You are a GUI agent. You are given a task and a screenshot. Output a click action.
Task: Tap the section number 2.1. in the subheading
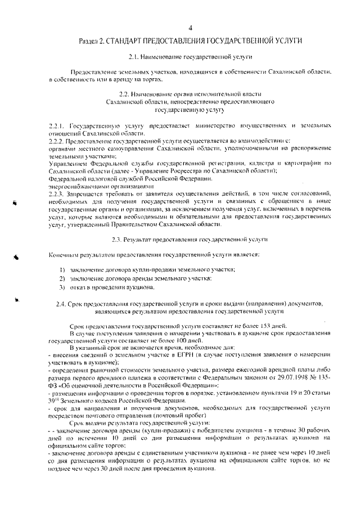(x=135, y=57)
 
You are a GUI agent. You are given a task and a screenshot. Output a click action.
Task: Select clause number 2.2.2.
(x=58, y=141)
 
